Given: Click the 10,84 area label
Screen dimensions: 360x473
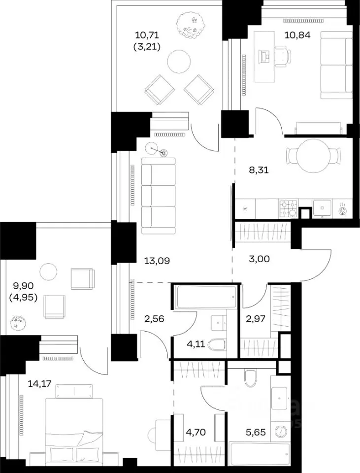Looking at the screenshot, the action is pos(297,35).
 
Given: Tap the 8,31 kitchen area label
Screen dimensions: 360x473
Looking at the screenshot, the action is pos(259,170).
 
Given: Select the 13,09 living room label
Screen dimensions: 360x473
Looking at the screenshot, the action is pos(157,261).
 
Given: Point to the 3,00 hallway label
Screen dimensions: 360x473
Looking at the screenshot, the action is pos(260,259).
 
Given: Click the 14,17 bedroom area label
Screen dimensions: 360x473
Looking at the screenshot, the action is pos(39,384).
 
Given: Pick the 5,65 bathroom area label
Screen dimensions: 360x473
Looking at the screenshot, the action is pos(256,432).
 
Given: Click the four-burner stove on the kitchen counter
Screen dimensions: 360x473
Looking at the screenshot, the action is pos(289,208).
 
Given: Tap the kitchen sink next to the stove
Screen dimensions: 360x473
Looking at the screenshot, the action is pos(322,207).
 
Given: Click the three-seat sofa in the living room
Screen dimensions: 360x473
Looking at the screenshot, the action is pos(158,196).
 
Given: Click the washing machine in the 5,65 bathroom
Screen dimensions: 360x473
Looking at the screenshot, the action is pos(280,432).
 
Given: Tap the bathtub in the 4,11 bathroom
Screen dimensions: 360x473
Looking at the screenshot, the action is pos(206,297).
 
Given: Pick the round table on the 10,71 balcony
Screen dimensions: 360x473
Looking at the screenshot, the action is pos(179,61).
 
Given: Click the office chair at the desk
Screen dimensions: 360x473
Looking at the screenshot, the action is pos(283,56).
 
